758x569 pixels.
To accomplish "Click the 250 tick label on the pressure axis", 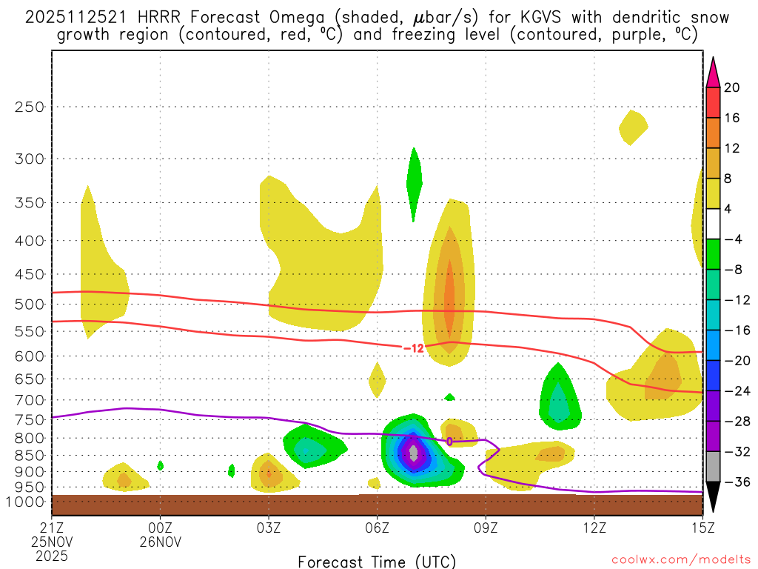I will tap(30, 107).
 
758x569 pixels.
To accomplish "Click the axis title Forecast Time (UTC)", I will tap(377, 561).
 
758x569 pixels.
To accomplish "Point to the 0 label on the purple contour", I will tap(449, 442).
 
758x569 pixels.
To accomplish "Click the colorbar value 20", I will tap(732, 87).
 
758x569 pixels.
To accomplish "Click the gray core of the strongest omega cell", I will tap(414, 451).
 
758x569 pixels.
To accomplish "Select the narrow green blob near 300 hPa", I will tap(414, 182).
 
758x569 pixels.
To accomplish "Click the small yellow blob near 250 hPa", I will tap(633, 127).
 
